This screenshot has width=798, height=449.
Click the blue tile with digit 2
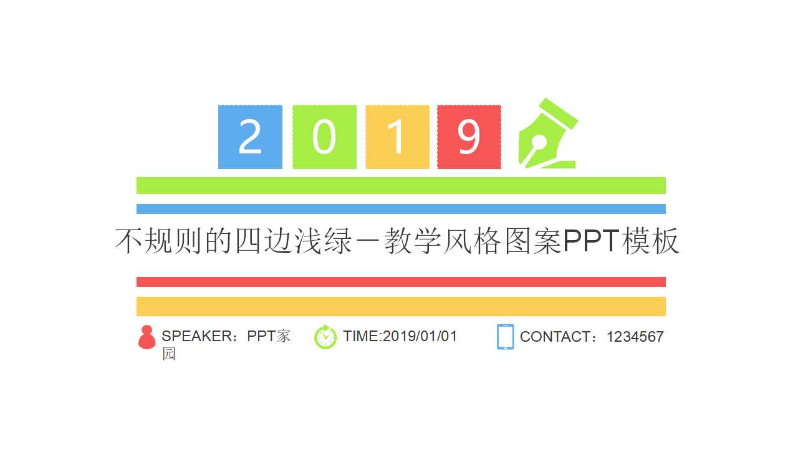250,137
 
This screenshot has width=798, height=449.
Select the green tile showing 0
324,137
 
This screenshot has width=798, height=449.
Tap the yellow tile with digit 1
397,137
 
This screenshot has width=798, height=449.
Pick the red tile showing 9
469,137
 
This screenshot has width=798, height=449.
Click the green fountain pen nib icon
547,134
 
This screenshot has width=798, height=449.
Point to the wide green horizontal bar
401,185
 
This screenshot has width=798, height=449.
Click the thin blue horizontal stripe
401,209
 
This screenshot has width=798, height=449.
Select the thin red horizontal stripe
401,282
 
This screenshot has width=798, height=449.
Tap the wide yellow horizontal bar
401,306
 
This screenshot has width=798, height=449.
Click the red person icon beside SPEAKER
147,337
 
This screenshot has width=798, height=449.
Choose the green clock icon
325,337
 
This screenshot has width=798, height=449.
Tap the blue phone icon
505,337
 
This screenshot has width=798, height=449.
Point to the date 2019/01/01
420,336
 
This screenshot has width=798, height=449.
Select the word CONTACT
554,337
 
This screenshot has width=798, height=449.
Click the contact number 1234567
635,337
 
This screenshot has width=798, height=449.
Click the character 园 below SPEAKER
169,354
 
